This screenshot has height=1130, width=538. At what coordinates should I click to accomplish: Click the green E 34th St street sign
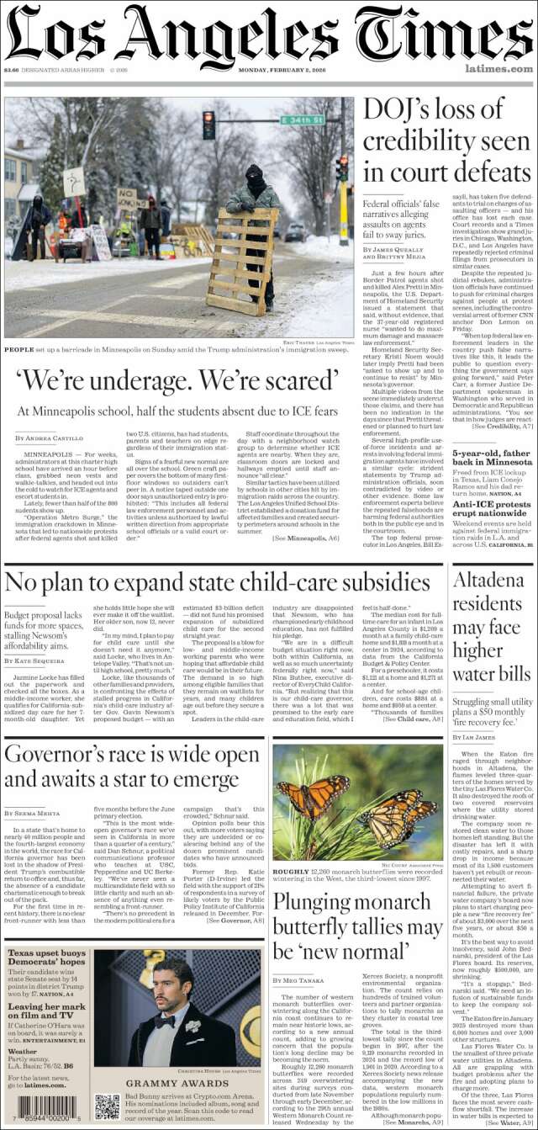pyautogui.click(x=303, y=120)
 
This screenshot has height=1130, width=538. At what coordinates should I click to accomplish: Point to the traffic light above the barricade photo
pyautogui.click(x=208, y=125)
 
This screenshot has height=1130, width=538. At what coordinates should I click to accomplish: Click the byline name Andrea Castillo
pyautogui.click(x=55, y=438)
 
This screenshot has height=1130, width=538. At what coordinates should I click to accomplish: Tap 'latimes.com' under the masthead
pyautogui.click(x=498, y=69)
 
